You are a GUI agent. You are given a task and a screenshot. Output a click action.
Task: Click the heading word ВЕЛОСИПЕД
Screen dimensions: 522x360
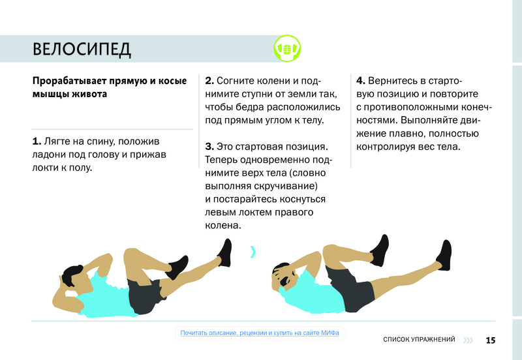[82, 50]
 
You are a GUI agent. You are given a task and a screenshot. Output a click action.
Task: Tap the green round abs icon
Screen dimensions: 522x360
[287, 48]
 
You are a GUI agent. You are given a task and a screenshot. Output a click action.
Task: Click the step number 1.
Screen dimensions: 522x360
[37, 142]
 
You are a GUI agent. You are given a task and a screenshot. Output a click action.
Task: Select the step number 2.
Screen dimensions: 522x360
[209, 81]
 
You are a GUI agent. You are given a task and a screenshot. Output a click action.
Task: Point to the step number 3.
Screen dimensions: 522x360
[209, 147]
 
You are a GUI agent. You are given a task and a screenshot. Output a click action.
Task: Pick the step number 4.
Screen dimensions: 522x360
[361, 81]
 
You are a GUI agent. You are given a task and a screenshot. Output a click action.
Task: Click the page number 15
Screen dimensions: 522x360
[491, 340]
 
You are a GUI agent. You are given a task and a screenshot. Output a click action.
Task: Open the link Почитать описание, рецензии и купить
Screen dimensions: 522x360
[260, 333]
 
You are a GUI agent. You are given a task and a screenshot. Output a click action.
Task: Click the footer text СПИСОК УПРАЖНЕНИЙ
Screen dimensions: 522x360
[419, 339]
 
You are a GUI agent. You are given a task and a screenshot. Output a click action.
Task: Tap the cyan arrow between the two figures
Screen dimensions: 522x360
[253, 252]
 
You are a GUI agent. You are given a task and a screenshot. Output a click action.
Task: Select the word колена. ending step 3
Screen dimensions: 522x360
[223, 226]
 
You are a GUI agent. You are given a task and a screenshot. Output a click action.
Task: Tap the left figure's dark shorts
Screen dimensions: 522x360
[146, 295]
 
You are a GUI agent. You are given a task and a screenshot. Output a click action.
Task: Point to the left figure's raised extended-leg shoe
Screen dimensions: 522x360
[225, 252]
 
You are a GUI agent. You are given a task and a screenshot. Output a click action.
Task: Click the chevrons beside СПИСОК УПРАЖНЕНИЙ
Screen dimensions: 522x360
[468, 340]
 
